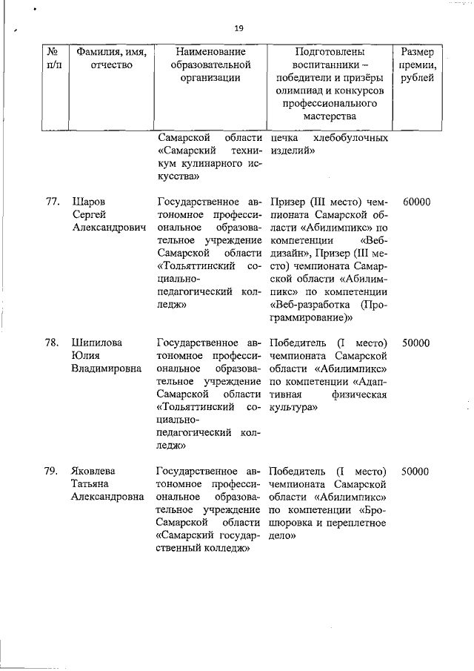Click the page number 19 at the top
click(x=238, y=28)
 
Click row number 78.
click(x=53, y=343)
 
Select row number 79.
click(x=53, y=471)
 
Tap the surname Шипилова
click(x=96, y=343)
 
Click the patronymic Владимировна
click(x=107, y=370)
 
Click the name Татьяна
click(x=93, y=484)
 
